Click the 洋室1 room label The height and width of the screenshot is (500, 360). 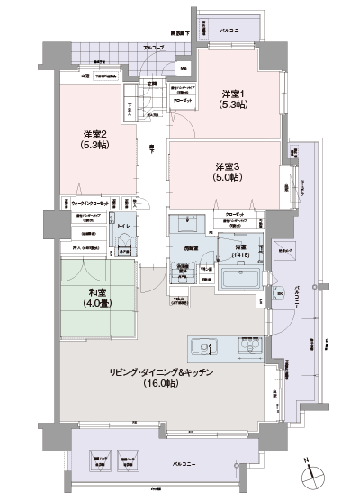[237, 94]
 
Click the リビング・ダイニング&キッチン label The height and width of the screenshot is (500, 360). [161, 374]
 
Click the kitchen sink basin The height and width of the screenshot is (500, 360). [202, 346]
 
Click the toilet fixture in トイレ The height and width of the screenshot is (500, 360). [123, 239]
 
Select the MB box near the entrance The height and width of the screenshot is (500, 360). [183, 69]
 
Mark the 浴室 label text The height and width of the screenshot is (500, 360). [240, 247]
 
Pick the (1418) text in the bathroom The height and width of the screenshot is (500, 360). [240, 257]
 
